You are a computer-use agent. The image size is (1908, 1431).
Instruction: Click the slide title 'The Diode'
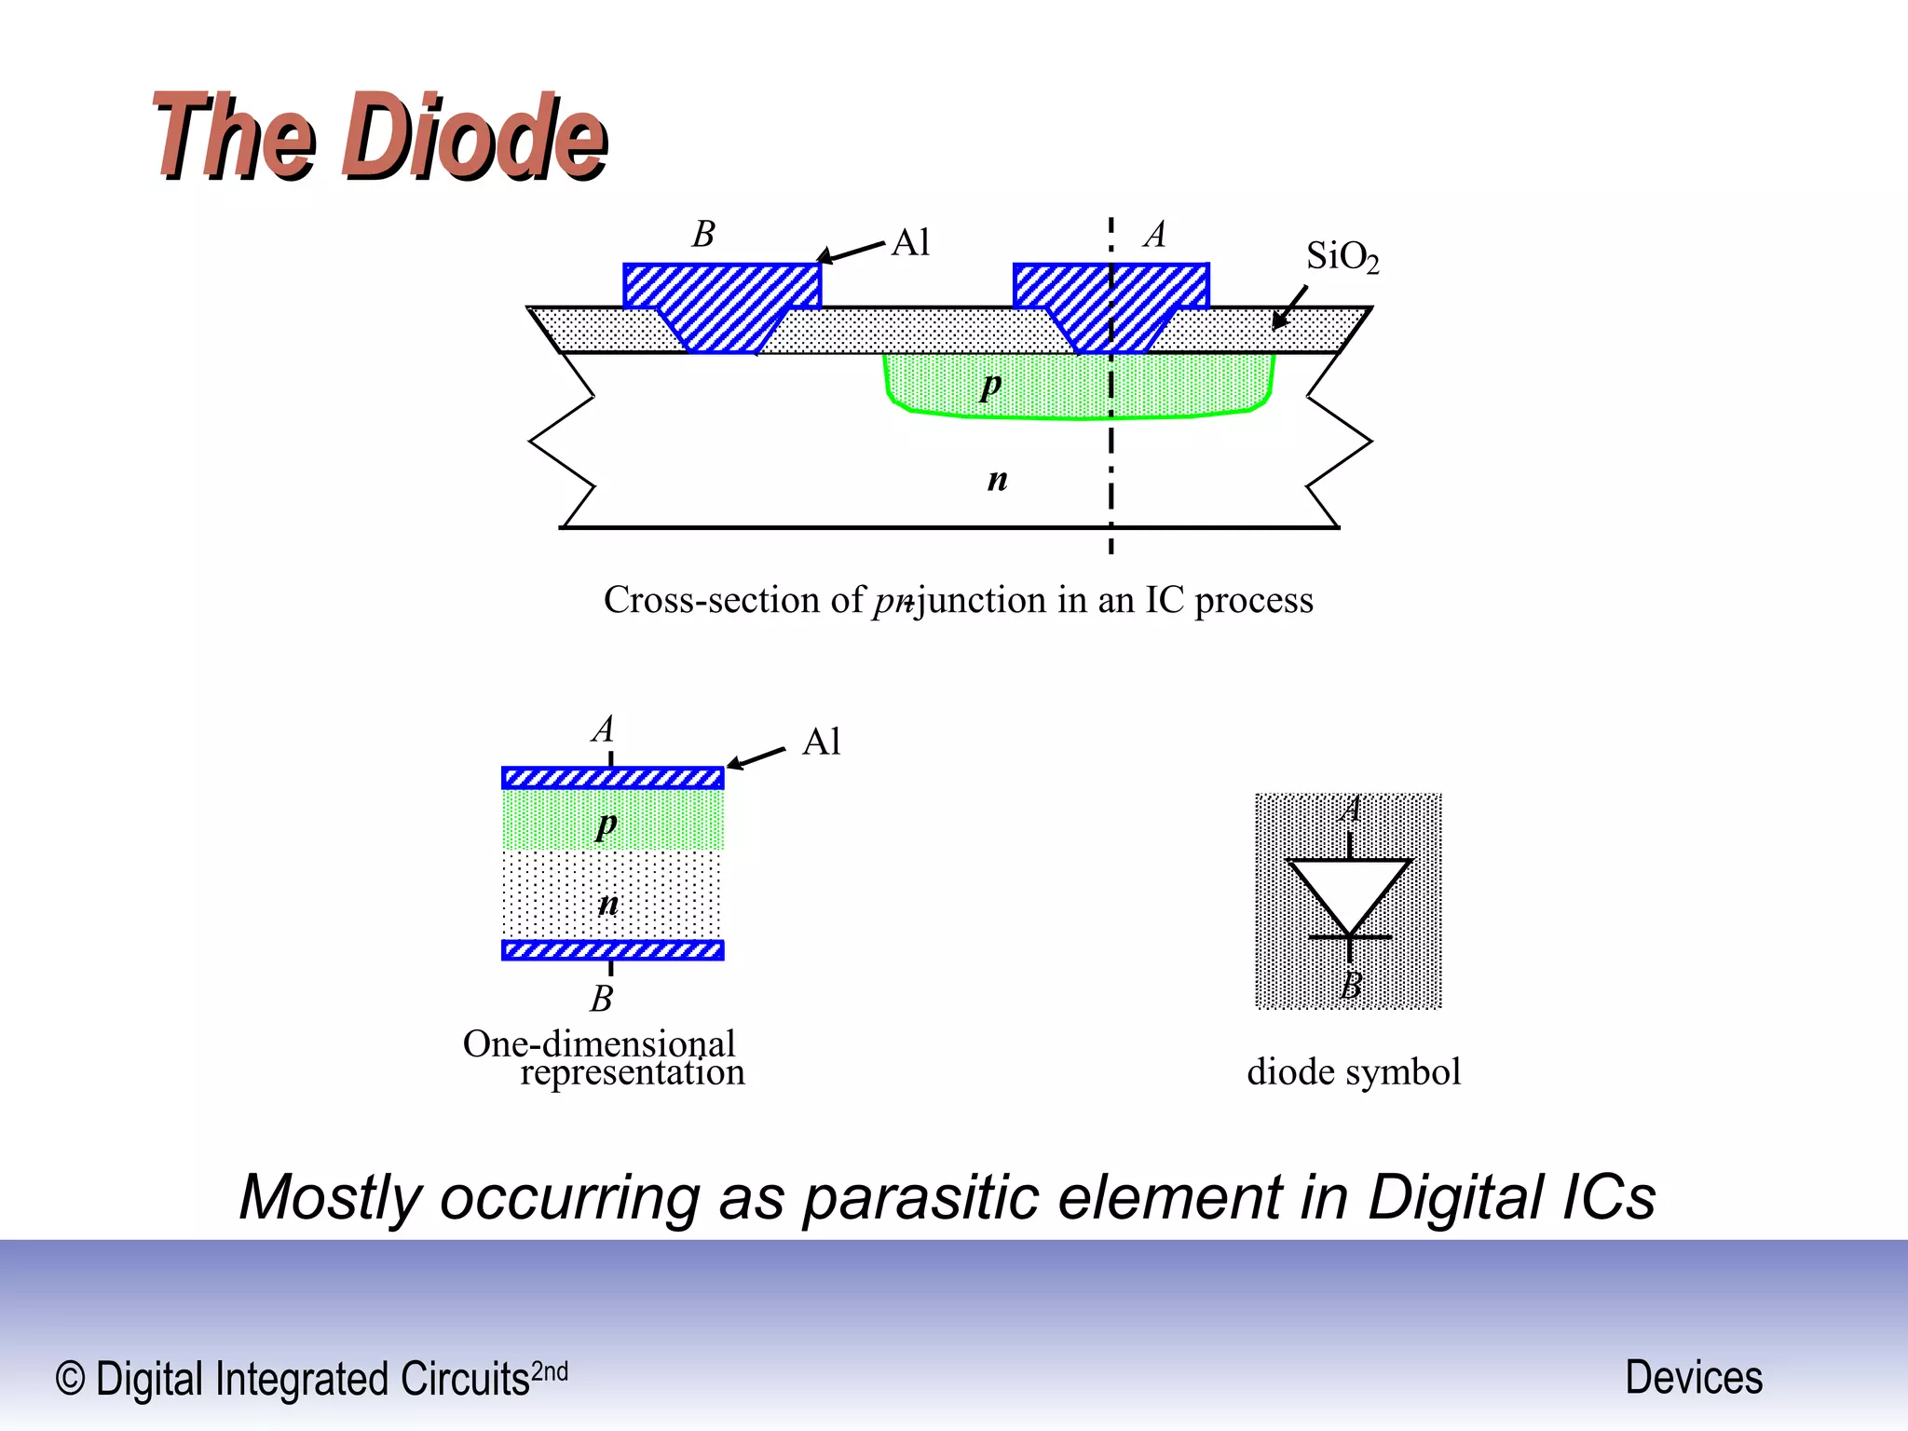tap(380, 136)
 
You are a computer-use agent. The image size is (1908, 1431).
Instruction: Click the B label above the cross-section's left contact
tap(703, 234)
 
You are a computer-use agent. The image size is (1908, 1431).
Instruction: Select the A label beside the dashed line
tap(1155, 234)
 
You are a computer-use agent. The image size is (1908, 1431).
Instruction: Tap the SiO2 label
tap(1342, 256)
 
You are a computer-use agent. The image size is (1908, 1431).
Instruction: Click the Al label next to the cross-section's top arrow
tap(911, 243)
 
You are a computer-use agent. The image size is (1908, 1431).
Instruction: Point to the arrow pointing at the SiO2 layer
tap(1290, 307)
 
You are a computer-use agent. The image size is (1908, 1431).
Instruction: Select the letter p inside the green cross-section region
tap(991, 384)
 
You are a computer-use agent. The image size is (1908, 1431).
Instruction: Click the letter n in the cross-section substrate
tap(997, 479)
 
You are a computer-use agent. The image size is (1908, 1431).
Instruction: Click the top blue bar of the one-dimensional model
tap(612, 778)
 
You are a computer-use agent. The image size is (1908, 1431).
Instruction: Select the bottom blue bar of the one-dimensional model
tap(612, 950)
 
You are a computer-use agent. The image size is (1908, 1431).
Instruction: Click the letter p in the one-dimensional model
tap(606, 824)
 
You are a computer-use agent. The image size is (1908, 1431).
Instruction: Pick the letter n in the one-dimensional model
tap(607, 903)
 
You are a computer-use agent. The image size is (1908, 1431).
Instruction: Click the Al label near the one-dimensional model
tap(822, 743)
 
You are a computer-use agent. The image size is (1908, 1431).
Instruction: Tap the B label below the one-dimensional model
tap(602, 999)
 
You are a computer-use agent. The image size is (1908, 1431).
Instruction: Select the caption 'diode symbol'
tap(1354, 1072)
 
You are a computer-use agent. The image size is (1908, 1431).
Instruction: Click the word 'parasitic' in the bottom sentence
tap(920, 1197)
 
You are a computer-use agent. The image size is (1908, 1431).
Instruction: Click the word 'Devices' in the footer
tap(1694, 1378)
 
